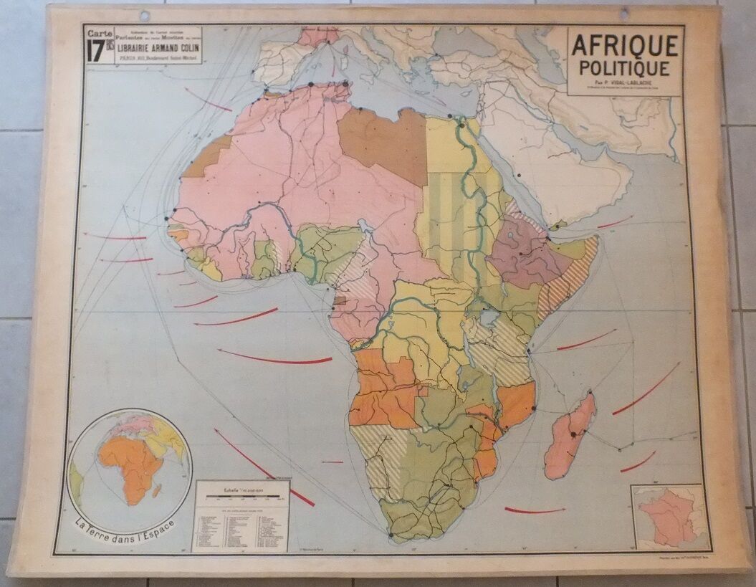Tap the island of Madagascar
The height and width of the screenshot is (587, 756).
[571, 437]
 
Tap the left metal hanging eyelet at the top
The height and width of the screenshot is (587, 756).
[146, 14]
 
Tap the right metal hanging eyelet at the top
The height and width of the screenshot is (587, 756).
[623, 11]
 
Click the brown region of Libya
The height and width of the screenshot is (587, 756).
[383, 143]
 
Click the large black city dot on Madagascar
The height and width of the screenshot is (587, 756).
[573, 434]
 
